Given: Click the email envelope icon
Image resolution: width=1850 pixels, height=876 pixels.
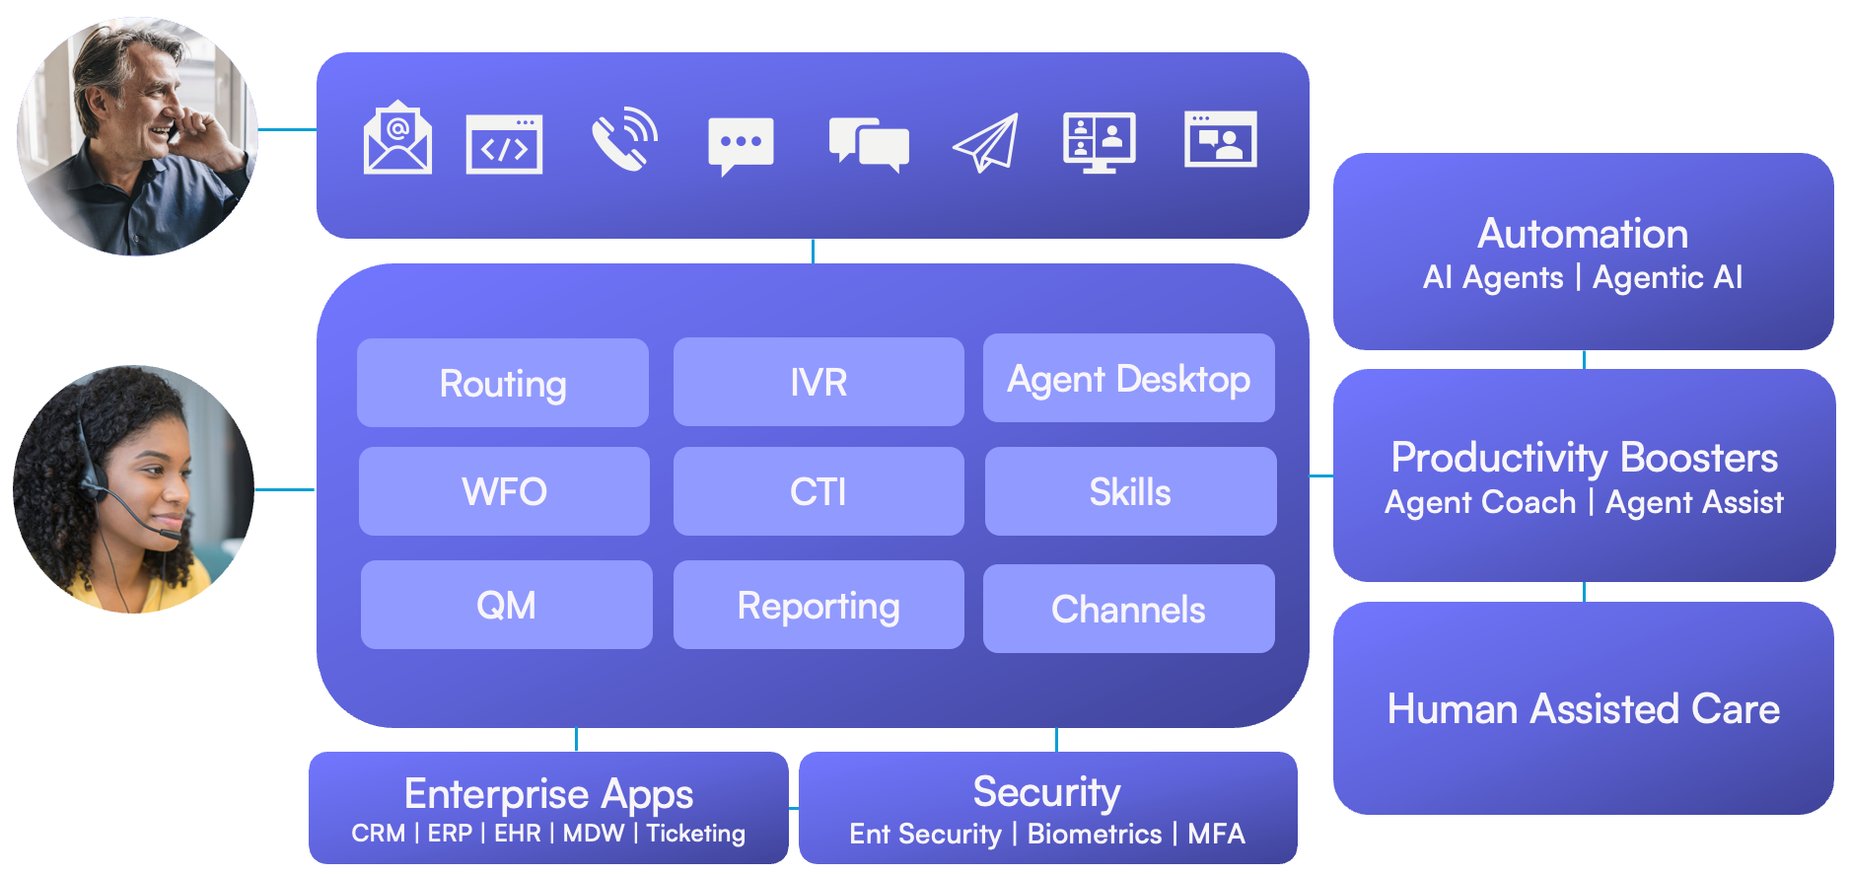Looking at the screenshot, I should coord(397,139).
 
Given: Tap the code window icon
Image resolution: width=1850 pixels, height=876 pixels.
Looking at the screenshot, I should coord(504,144).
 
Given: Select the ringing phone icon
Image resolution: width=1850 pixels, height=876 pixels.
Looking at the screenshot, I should coord(623,139).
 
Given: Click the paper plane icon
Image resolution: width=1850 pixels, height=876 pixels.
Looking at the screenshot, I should coord(985,143).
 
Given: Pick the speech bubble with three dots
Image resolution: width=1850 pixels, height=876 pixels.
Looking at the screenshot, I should coord(741,144).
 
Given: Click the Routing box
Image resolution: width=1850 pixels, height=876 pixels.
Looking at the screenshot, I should coord(503,383).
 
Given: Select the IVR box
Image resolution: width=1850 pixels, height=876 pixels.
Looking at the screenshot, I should coord(818,382).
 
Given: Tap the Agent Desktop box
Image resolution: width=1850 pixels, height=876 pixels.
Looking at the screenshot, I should coord(1128,379).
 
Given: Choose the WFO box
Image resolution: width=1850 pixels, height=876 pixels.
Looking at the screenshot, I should coord(504,491).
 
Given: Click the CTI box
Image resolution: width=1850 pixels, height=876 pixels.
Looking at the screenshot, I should coord(818,491).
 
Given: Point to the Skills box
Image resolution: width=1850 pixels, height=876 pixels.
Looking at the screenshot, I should coord(1130,491).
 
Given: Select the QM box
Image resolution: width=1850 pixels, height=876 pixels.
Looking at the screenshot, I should coord(506,605).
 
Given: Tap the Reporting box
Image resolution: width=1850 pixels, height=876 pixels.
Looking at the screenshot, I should coord(818,605).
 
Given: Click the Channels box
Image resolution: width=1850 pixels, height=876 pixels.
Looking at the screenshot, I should coord(1128,609).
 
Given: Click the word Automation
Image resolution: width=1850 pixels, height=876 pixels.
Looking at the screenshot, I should coord(1583,234).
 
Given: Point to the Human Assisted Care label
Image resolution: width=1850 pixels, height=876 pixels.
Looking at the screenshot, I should coord(1583,708).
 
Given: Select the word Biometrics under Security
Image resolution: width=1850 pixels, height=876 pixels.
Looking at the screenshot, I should coord(1095,835).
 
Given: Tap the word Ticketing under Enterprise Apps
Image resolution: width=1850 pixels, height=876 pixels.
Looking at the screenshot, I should coord(695,834).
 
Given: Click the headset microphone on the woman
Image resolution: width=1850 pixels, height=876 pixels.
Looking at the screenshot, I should coord(170,534).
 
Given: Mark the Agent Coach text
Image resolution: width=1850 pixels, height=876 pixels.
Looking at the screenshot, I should coord(1480,502).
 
